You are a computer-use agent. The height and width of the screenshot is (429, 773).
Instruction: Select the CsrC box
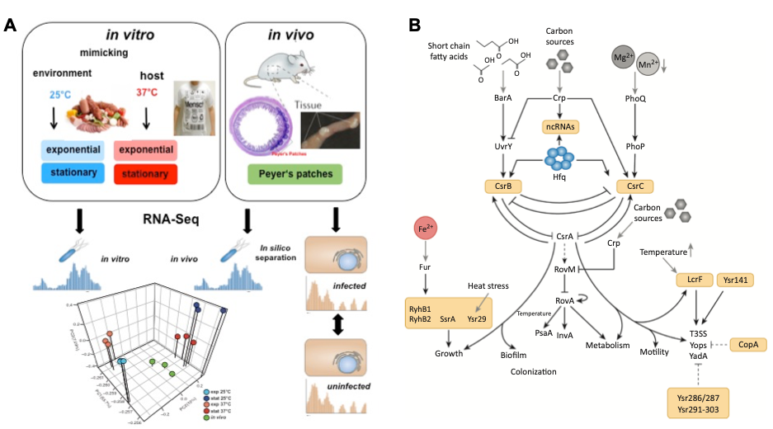[636, 186]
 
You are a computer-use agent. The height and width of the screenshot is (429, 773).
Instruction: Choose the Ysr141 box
[734, 280]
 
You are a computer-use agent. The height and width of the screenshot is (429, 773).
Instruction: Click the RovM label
[563, 270]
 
